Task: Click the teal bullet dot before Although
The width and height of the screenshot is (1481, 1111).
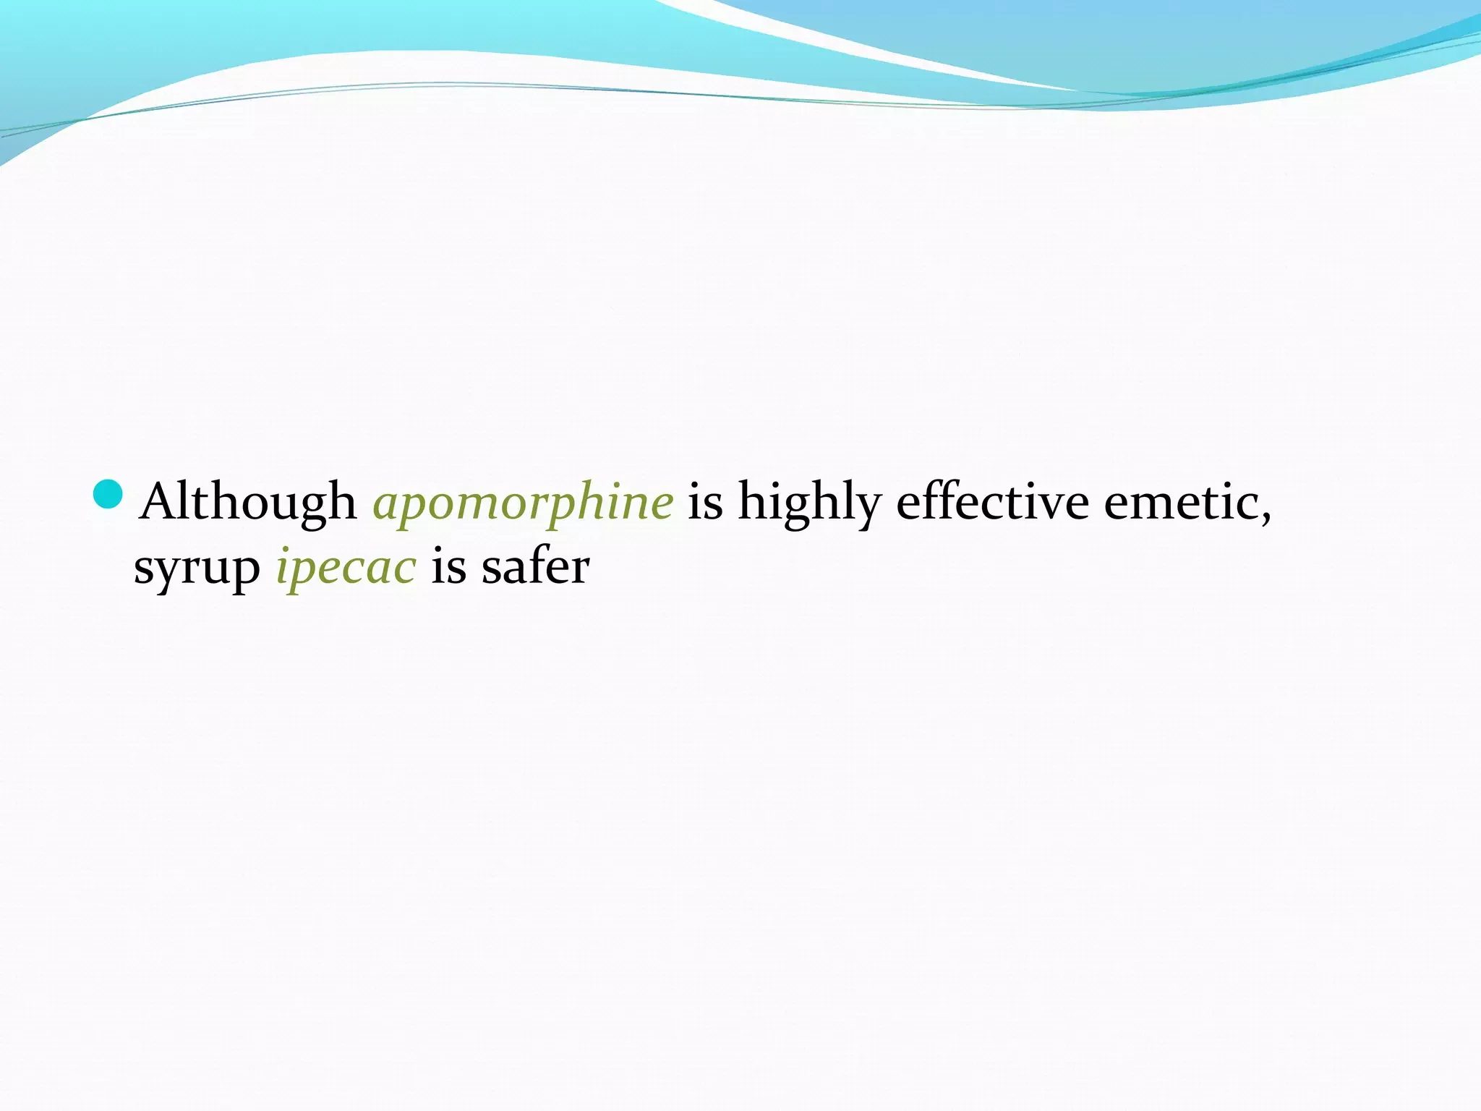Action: click(x=108, y=493)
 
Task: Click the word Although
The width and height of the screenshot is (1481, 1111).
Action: click(x=248, y=502)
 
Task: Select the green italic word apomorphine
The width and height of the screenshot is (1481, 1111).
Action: click(x=523, y=503)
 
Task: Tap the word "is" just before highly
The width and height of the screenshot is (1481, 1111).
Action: click(x=705, y=501)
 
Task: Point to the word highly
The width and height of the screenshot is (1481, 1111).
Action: click(x=810, y=503)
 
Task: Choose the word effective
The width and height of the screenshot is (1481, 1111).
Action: click(x=993, y=501)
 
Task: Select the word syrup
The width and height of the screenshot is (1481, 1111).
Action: click(x=197, y=569)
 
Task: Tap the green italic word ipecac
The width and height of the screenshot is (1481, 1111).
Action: click(x=346, y=567)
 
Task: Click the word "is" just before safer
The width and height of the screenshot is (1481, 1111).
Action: click(x=448, y=566)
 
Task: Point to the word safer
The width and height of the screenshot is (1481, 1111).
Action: click(x=536, y=566)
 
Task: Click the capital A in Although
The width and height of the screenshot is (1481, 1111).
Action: click(x=161, y=501)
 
